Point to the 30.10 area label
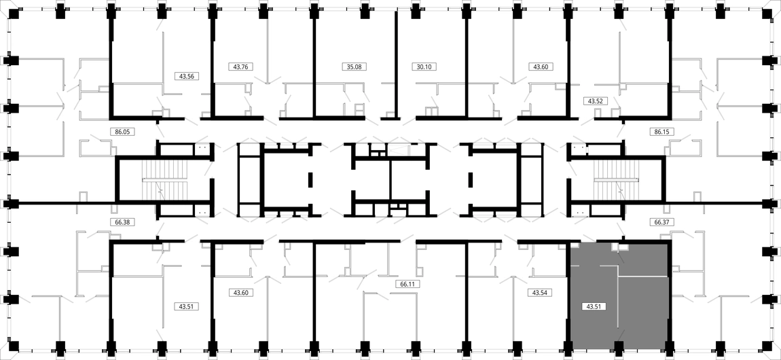[x=424, y=66]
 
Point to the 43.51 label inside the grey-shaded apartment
[x=594, y=307]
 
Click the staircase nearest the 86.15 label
[x=616, y=180]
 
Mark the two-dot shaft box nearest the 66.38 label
[x=202, y=213]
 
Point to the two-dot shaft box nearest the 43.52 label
[x=578, y=147]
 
